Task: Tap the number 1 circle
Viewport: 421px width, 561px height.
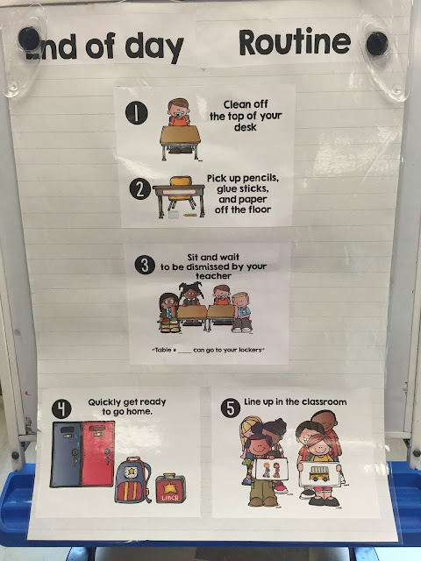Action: point(137,112)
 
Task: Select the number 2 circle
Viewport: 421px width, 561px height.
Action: point(137,188)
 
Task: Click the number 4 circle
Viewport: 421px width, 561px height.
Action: point(61,408)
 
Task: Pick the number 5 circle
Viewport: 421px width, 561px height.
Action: point(231,407)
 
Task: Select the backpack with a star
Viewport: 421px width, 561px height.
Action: point(132,479)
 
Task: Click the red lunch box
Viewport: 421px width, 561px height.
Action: point(168,487)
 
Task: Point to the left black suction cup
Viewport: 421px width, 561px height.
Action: point(29,38)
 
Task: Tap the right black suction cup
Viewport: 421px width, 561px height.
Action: point(377,43)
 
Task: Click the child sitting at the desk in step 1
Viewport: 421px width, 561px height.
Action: point(180,115)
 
